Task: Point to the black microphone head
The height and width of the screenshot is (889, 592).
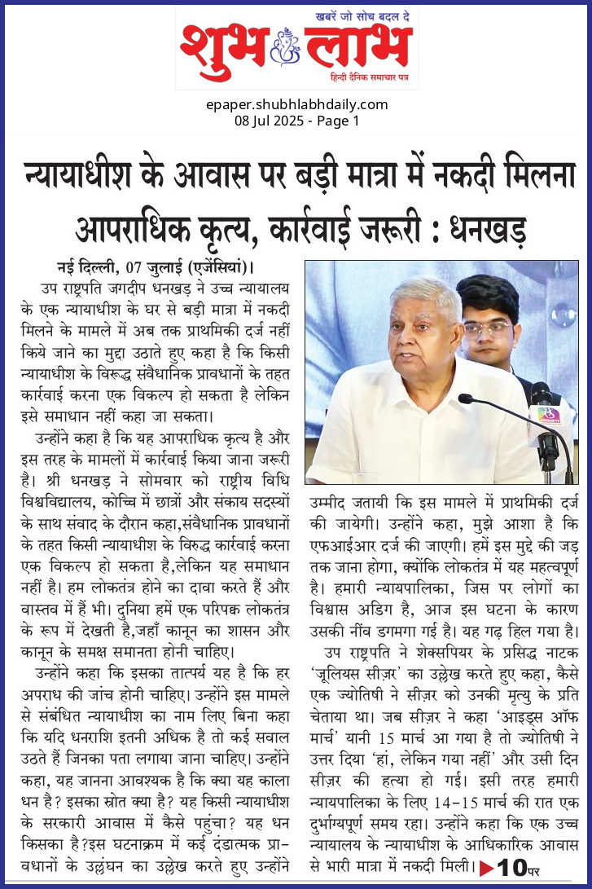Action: click(x=466, y=398)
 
